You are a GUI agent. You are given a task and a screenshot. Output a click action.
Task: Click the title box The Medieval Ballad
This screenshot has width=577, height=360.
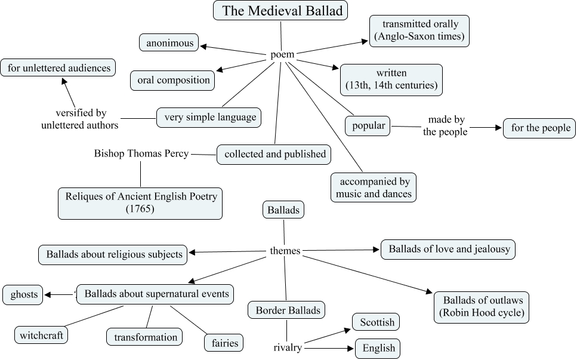click(x=280, y=11)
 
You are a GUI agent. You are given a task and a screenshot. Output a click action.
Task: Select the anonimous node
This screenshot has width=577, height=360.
click(x=168, y=43)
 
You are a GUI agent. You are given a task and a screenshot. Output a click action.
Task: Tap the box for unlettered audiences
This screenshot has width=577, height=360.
click(x=58, y=67)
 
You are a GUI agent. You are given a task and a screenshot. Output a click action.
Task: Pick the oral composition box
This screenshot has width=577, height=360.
click(x=173, y=80)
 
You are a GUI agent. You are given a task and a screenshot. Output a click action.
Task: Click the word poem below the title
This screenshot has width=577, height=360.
click(x=282, y=55)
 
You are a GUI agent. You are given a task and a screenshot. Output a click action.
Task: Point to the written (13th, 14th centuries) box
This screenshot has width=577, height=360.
click(x=391, y=80)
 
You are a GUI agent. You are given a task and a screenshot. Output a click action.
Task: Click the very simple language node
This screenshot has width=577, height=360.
click(x=209, y=118)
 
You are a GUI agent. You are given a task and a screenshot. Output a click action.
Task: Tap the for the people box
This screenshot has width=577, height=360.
click(x=540, y=128)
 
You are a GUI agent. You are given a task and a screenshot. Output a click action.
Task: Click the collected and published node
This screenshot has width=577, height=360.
click(x=274, y=154)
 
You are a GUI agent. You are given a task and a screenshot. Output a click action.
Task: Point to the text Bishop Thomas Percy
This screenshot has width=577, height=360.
click(x=141, y=153)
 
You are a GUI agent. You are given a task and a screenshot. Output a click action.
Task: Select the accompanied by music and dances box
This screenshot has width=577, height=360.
click(x=374, y=187)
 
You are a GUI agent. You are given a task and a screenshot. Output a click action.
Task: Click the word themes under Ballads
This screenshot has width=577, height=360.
click(x=285, y=251)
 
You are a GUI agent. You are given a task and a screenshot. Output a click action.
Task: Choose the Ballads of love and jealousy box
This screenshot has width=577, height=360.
click(x=448, y=250)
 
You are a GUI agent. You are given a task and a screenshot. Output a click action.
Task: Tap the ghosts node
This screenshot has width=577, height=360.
click(x=23, y=294)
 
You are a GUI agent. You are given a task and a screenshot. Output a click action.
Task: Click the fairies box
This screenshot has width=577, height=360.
click(x=224, y=343)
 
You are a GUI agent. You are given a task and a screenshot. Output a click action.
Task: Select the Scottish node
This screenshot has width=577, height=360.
click(x=377, y=322)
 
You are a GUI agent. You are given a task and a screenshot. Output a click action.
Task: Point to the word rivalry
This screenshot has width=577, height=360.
click(x=287, y=347)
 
